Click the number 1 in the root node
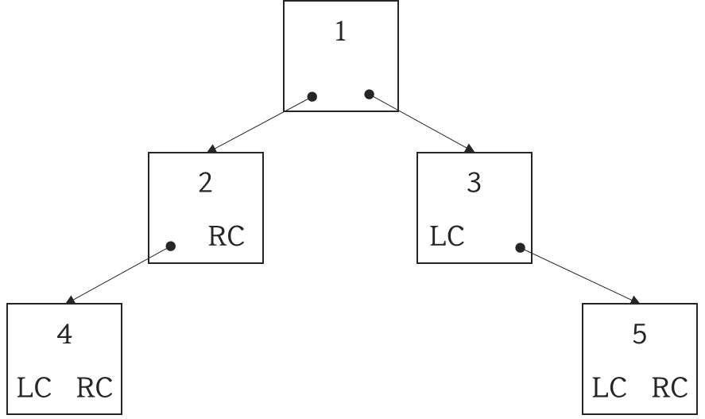[341, 33]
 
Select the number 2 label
[205, 184]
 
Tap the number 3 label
[474, 184]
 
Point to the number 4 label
[65, 335]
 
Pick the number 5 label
[640, 335]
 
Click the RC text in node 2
[226, 237]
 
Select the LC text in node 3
[447, 237]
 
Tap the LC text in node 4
[34, 389]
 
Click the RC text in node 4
[94, 389]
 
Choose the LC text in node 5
[610, 389]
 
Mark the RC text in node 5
[669, 389]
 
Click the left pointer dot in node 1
[312, 96]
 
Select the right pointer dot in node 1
[369, 95]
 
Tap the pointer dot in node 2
[170, 246]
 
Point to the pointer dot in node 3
[520, 248]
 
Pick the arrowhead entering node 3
[469, 149]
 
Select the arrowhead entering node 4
[71, 300]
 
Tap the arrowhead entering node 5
[635, 300]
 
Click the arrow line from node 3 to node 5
[578, 274]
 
